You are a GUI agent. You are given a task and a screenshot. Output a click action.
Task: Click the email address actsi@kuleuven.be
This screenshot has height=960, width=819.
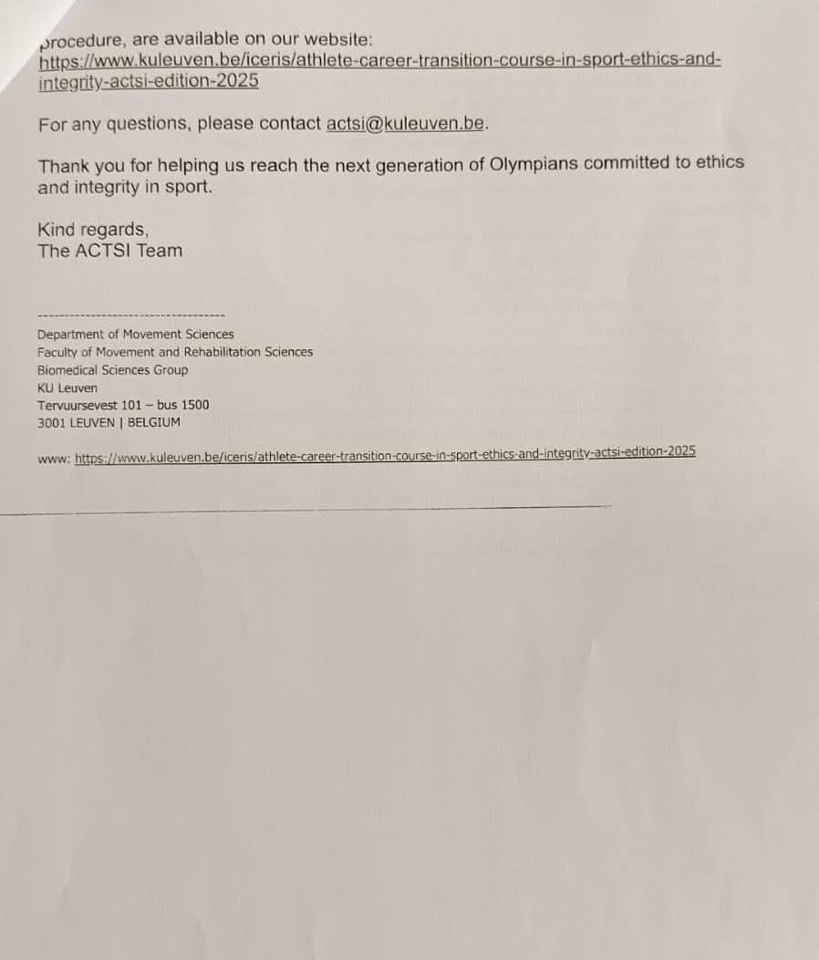[405, 124]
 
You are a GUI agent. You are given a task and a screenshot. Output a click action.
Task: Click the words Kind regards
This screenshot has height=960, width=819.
[91, 230]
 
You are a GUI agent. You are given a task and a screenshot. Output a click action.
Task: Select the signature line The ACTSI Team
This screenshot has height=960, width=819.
[109, 251]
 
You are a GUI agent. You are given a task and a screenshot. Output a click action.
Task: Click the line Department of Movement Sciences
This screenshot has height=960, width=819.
[135, 335]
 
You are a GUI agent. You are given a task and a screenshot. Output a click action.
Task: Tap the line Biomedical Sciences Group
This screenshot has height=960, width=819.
[112, 370]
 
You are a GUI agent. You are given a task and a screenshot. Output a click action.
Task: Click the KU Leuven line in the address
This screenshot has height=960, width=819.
[67, 387]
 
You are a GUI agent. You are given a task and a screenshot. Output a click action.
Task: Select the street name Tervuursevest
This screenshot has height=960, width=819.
[77, 405]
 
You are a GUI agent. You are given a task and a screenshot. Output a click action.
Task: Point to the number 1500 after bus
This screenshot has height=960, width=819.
[194, 405]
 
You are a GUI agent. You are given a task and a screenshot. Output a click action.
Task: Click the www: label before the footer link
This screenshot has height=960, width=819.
[53, 459]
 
